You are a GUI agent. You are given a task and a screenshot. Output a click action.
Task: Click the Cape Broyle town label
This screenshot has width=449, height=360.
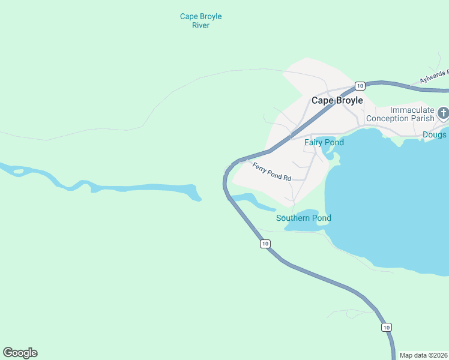click(x=337, y=101)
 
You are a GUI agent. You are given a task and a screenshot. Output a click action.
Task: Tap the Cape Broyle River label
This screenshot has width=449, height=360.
click(x=200, y=21)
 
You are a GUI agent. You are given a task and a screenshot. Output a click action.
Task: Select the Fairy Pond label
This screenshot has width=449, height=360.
click(x=324, y=143)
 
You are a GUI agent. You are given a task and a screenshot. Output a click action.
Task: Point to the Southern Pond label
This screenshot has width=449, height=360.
click(x=303, y=218)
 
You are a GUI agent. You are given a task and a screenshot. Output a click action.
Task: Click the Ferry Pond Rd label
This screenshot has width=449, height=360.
click(x=271, y=173)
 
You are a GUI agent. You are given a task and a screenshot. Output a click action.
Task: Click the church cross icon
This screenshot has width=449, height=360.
click(x=444, y=113)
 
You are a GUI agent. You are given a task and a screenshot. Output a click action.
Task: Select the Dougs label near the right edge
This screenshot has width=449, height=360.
click(x=435, y=135)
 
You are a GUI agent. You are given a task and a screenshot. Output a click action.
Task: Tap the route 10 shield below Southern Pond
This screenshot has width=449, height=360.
click(x=265, y=244)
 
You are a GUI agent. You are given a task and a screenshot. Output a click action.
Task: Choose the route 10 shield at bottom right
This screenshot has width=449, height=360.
click(x=387, y=327)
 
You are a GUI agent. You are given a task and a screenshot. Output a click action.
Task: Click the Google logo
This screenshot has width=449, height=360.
click(x=20, y=353)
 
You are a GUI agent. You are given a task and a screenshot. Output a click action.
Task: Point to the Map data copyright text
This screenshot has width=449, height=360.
click(x=423, y=355)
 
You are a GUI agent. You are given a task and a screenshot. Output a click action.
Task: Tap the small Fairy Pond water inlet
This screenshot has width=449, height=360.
click(x=328, y=152)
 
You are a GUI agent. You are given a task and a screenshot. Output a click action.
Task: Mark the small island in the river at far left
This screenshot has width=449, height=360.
click(x=18, y=172)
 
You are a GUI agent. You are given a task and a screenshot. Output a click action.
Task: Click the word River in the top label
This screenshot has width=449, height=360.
click(x=200, y=26)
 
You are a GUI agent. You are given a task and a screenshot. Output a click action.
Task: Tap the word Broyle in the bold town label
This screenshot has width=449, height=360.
click(x=349, y=101)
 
